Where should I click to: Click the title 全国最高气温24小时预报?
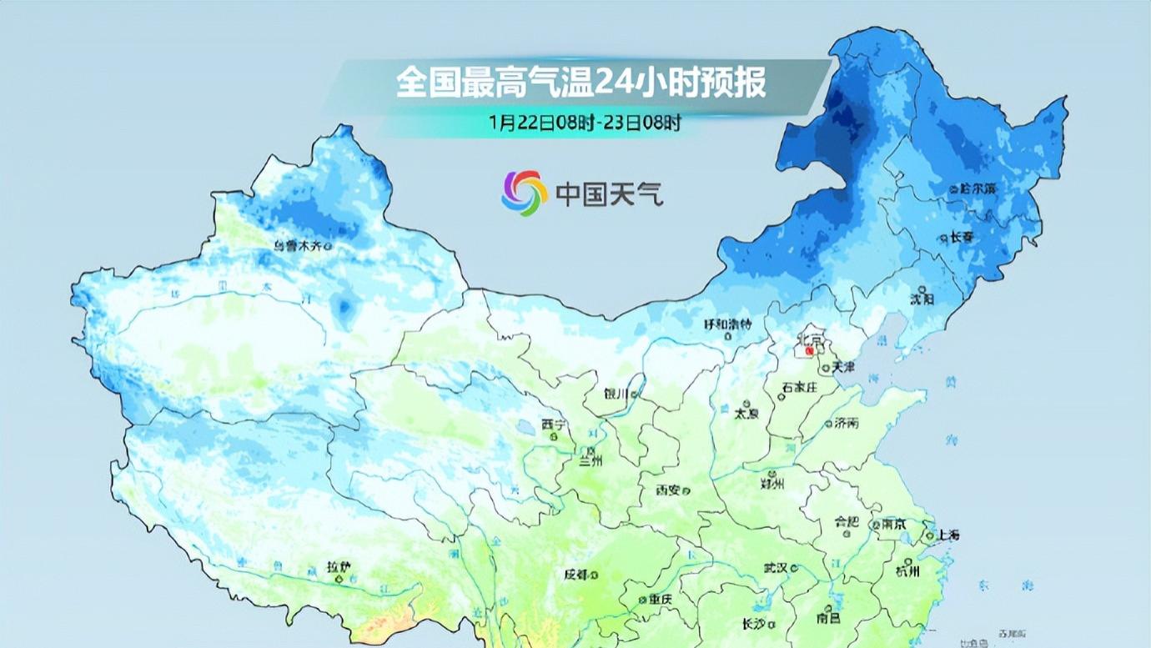(581, 83)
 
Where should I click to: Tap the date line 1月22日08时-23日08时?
(586, 123)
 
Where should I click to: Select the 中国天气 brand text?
(610, 194)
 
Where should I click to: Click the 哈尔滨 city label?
(973, 189)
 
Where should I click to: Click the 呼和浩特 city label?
(728, 324)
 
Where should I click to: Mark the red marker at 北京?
(809, 352)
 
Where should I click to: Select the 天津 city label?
(843, 367)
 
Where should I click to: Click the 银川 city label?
(617, 394)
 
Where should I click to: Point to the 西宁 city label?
(553, 425)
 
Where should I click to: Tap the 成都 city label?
(575, 575)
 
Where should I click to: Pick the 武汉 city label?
(776, 568)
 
